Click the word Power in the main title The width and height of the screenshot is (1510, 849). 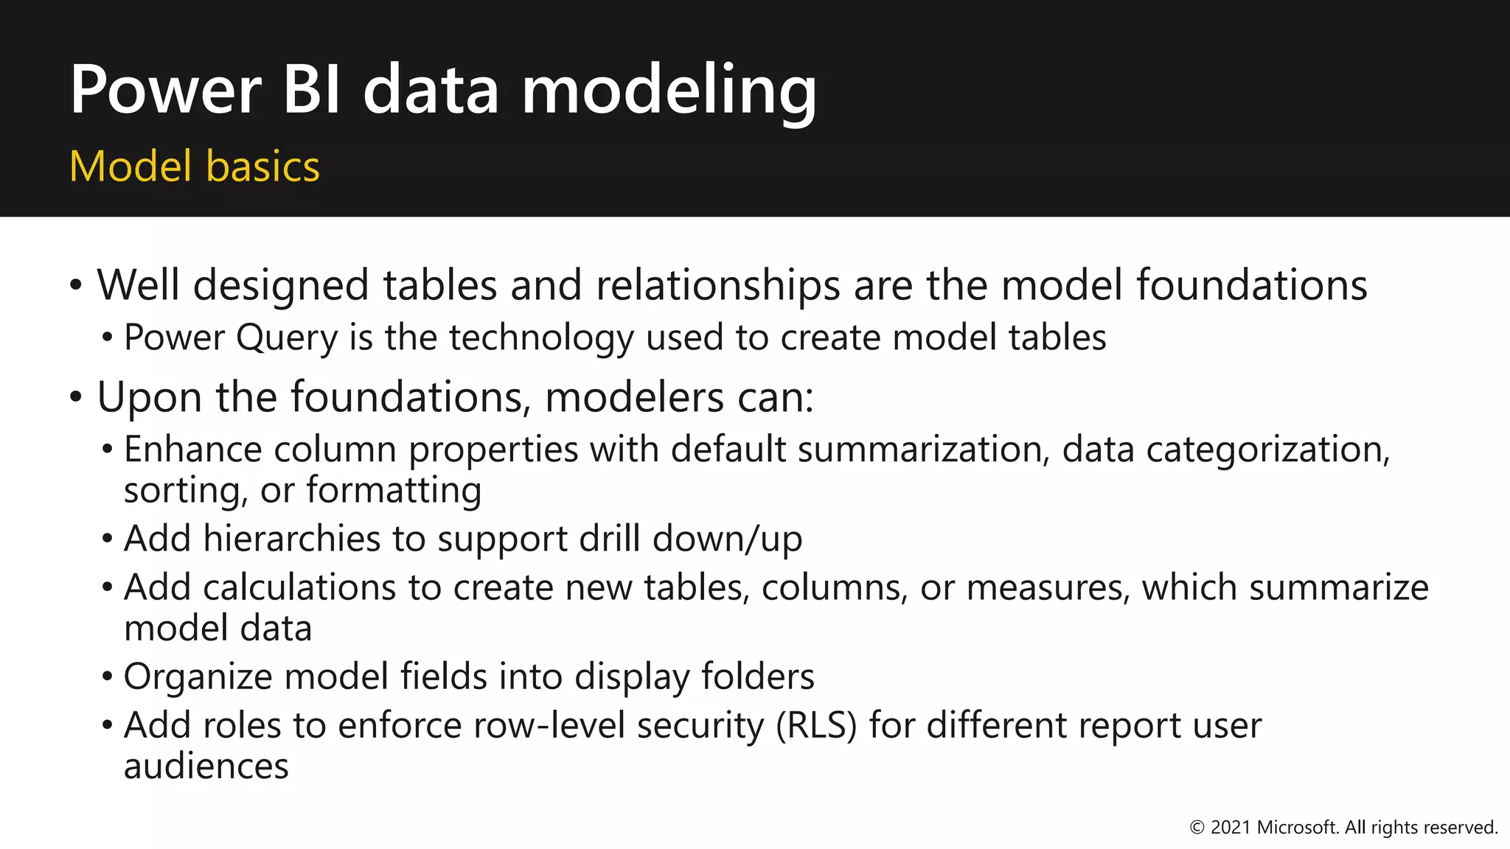pos(166,90)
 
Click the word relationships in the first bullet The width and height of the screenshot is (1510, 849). pos(717,286)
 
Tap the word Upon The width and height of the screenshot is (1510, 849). pos(150,398)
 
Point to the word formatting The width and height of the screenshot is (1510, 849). pos(394,491)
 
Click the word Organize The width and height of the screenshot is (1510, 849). pos(198,677)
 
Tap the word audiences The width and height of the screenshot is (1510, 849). pos(206,766)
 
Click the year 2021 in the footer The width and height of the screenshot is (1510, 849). pos(1231,828)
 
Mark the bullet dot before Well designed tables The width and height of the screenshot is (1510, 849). pos(76,285)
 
